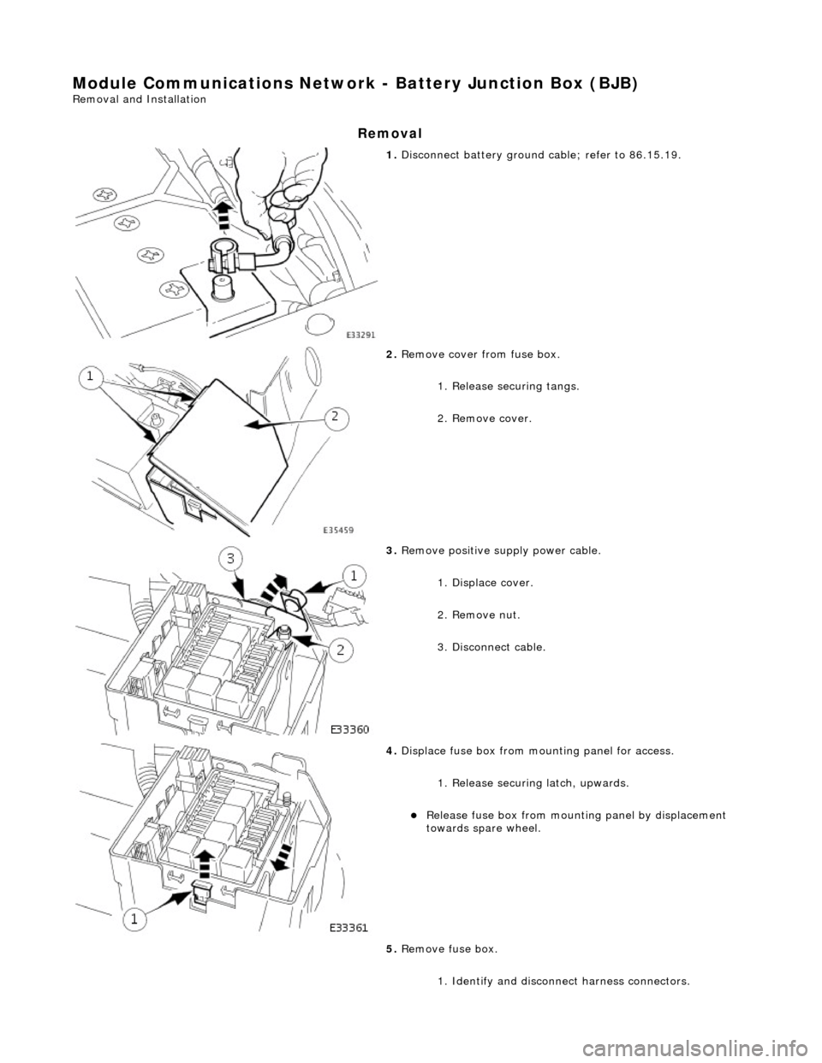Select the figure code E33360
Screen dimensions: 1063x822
click(x=350, y=728)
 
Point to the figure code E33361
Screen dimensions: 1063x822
click(x=350, y=929)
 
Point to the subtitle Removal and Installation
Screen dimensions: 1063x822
click(x=139, y=99)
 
